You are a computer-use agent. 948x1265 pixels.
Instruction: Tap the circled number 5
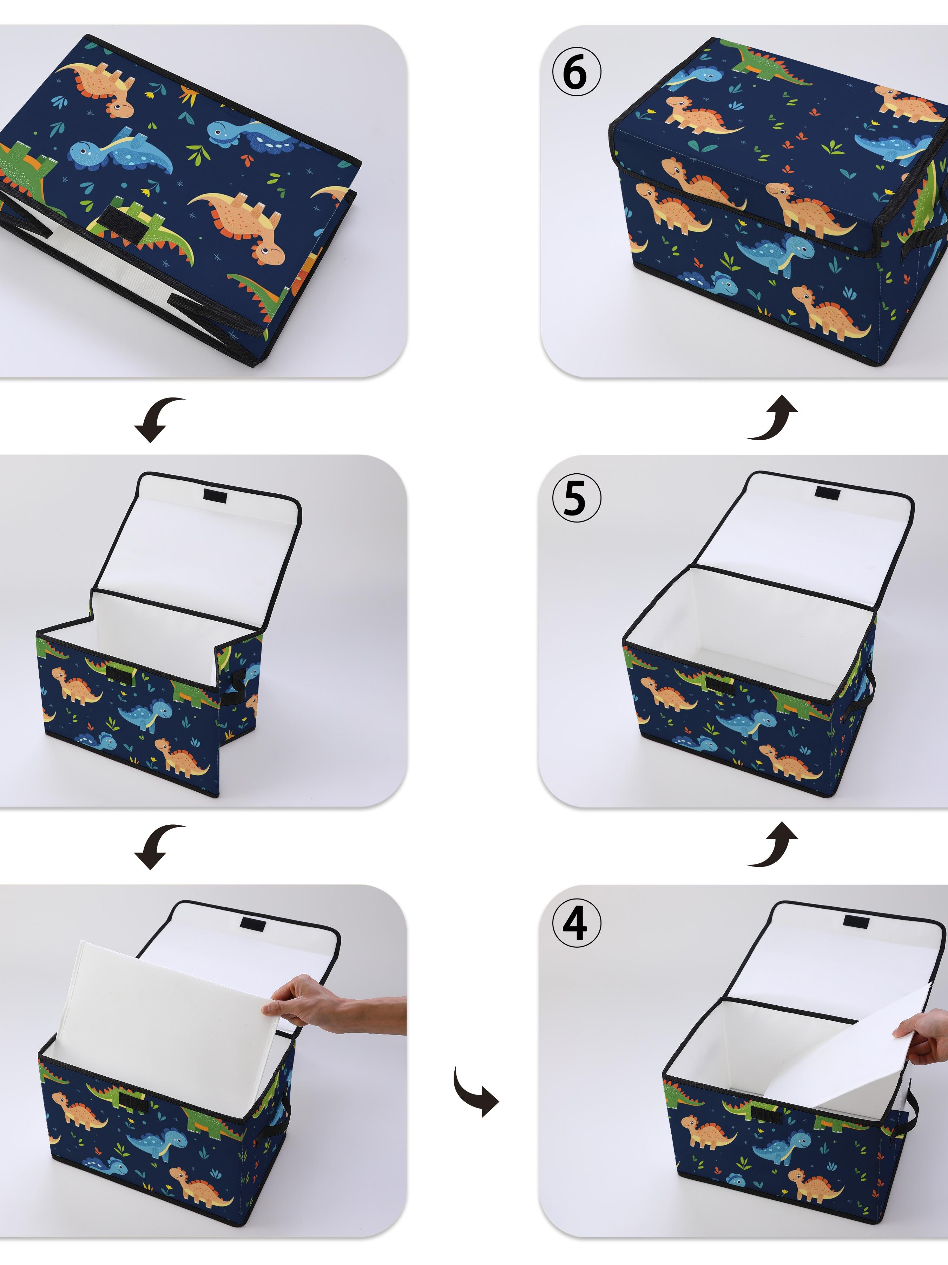pos(576,499)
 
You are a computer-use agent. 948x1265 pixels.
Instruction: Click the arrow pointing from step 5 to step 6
pos(772,418)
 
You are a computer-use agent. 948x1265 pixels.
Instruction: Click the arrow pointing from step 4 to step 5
pos(772,845)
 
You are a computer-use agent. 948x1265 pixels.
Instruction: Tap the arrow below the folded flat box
pos(157,419)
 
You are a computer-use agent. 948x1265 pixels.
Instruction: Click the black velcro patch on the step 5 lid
pos(824,493)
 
